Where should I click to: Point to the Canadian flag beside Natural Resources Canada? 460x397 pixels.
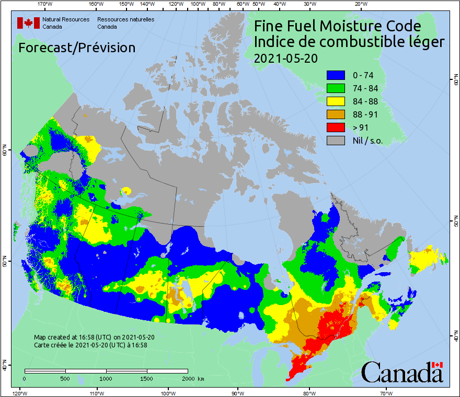tap(28, 23)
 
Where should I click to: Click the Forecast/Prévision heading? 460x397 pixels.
tap(77, 48)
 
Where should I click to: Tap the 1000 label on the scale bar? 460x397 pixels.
tap(106, 378)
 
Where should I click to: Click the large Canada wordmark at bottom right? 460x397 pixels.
tap(401, 372)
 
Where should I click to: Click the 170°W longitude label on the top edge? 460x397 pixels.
tap(45, 4)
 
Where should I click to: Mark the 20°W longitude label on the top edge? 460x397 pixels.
tap(360, 4)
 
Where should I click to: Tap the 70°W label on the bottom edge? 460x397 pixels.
tap(386, 393)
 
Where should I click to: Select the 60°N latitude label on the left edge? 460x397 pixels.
tap(4, 151)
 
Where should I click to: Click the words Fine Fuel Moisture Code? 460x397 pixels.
tap(337, 26)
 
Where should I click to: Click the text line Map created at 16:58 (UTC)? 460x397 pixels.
tap(94, 337)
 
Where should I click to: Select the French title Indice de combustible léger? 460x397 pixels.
tap(349, 42)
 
